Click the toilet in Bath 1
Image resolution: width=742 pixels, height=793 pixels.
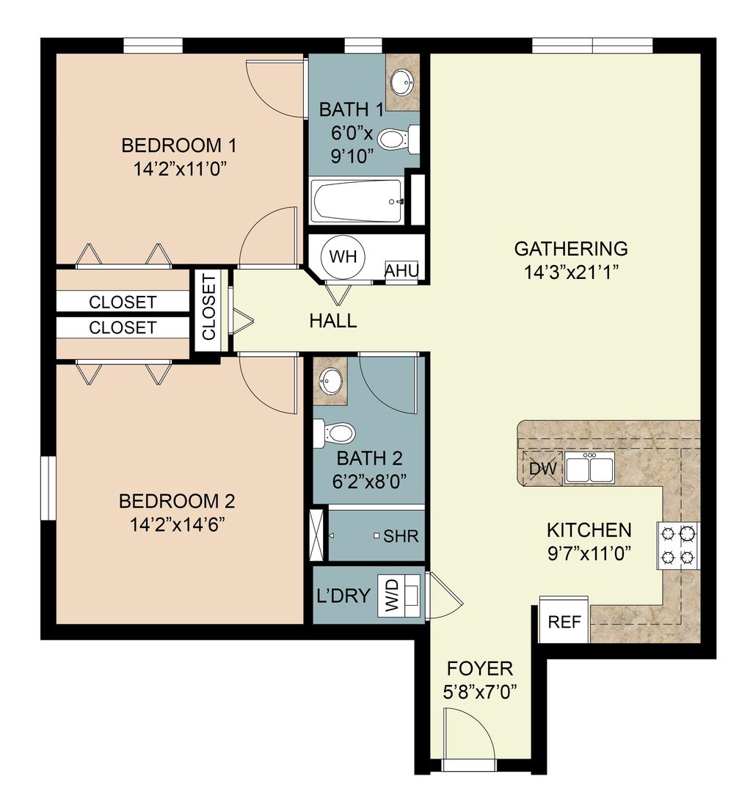click(399, 139)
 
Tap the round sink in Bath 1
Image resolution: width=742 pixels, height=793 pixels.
click(401, 82)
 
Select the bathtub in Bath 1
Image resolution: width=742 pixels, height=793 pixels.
click(357, 201)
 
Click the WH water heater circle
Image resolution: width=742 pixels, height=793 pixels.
click(343, 257)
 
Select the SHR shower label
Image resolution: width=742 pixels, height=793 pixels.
click(401, 536)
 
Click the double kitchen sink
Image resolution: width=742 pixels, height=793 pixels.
click(589, 468)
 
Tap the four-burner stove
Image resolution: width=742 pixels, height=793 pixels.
click(678, 546)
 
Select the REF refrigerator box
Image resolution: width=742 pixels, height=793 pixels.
click(564, 622)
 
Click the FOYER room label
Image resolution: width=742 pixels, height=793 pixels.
click(480, 669)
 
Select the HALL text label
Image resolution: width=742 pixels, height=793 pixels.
click(332, 320)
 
